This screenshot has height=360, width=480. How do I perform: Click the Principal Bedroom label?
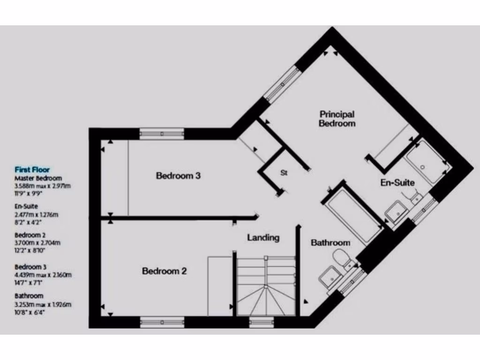click(x=337, y=119)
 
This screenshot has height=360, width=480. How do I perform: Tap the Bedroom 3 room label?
click(x=178, y=176)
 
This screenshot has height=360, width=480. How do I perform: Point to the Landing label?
click(x=263, y=238)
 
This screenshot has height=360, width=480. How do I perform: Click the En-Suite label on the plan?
click(x=397, y=183)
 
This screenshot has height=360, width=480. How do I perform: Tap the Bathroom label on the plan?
click(x=330, y=242)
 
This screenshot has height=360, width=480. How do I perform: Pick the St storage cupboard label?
click(x=284, y=172)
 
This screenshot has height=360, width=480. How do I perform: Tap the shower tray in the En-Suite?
click(x=427, y=162)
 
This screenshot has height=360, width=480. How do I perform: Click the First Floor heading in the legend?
click(x=32, y=170)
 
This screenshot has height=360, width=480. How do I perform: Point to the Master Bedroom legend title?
click(x=38, y=178)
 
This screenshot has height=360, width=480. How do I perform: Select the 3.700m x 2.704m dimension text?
click(x=37, y=243)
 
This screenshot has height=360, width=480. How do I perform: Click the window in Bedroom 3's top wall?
click(x=162, y=134)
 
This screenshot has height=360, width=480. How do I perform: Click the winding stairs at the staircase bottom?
click(x=265, y=300)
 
